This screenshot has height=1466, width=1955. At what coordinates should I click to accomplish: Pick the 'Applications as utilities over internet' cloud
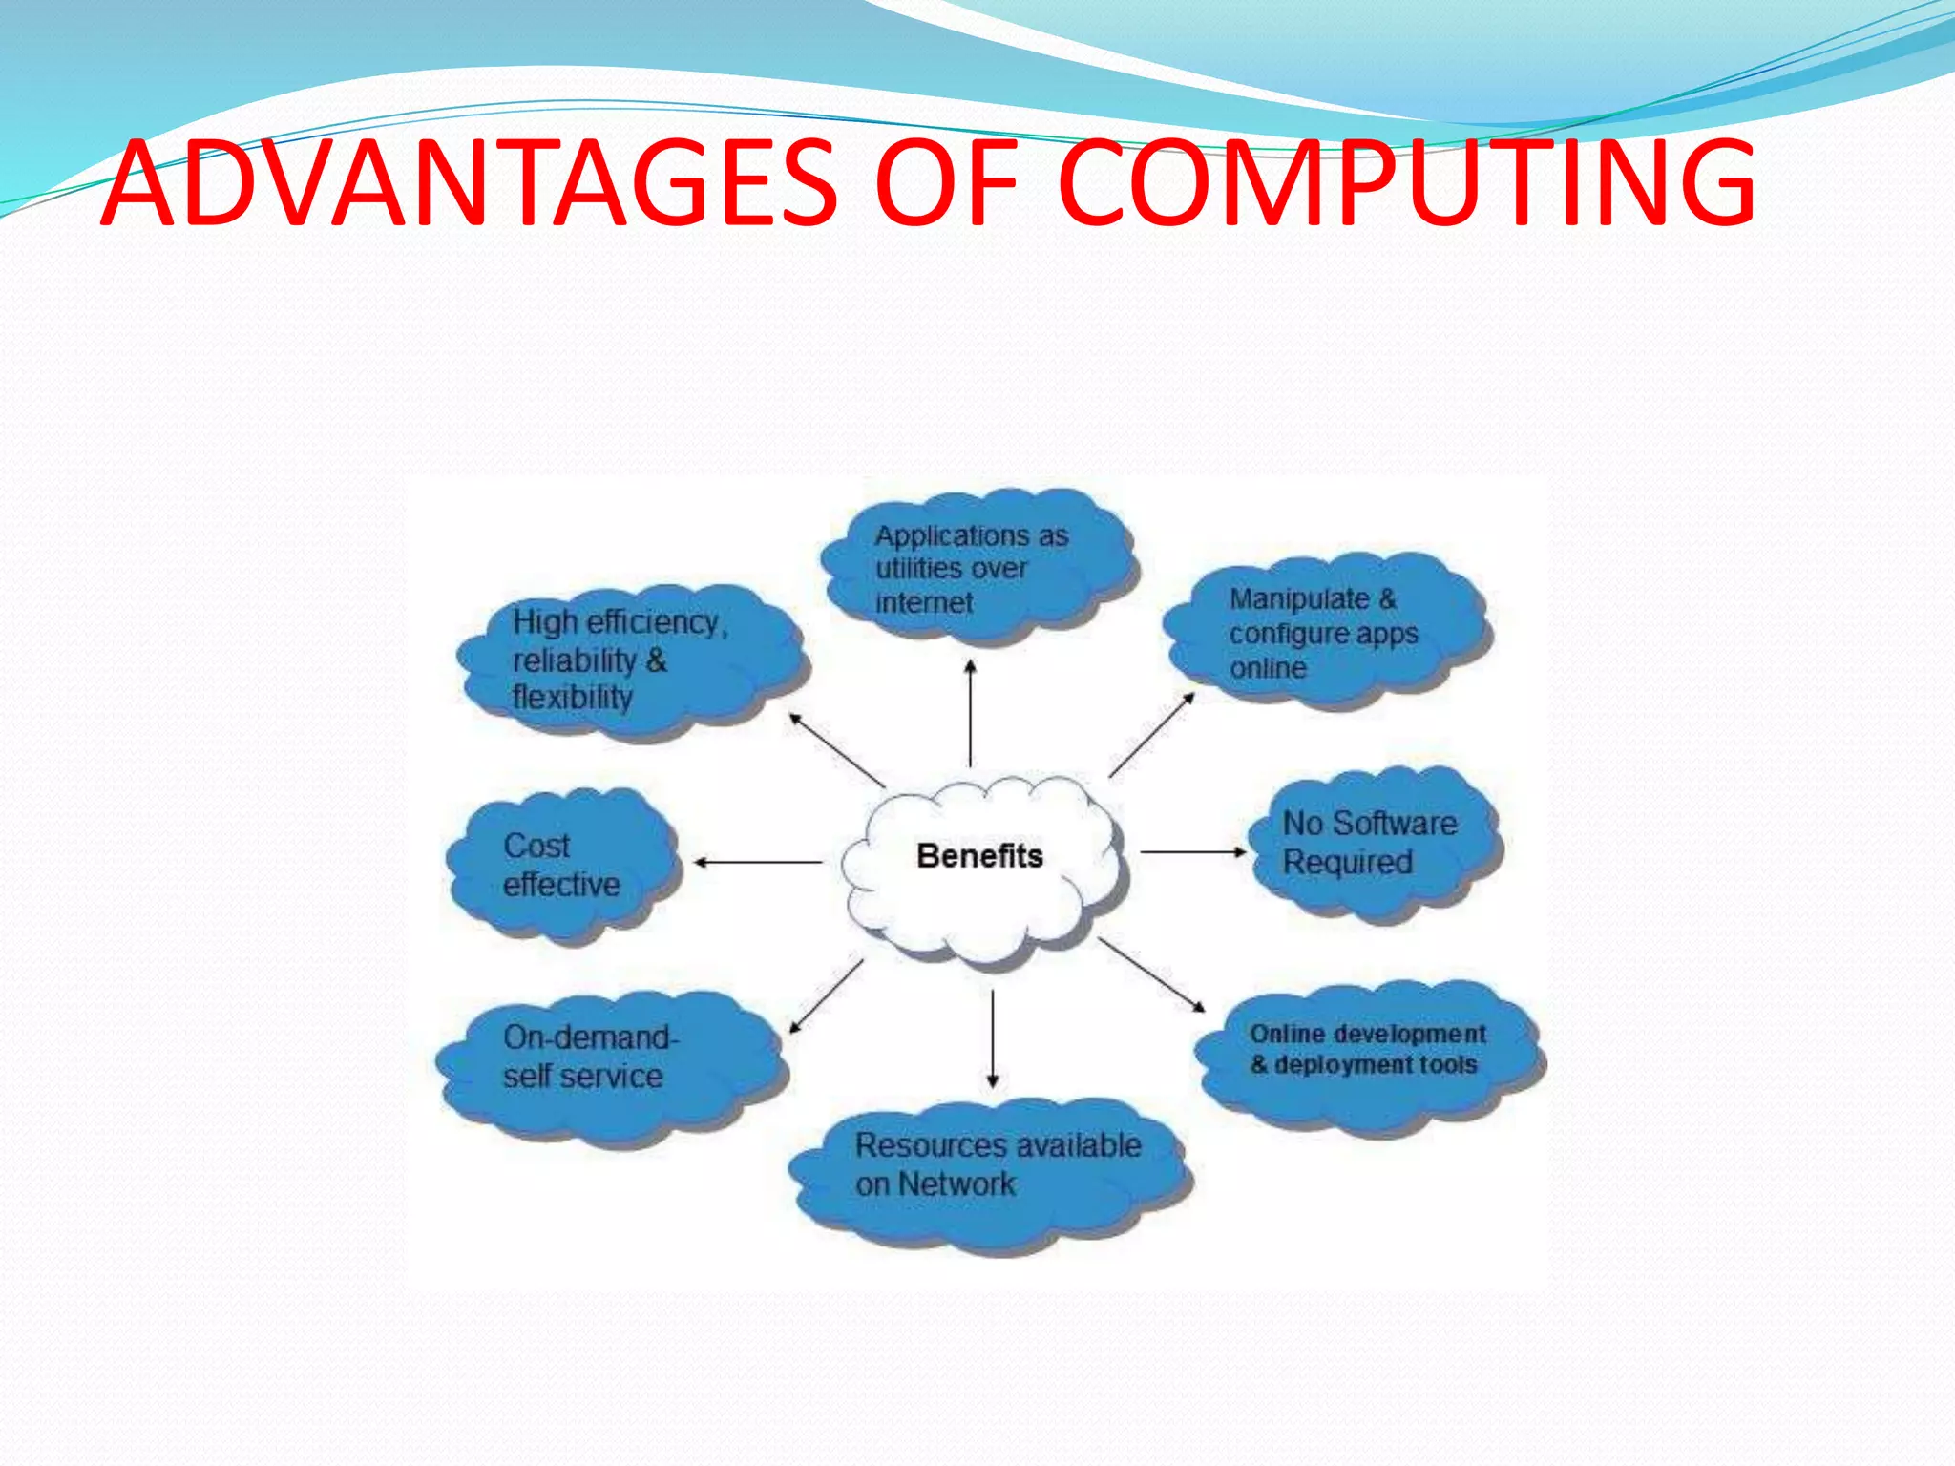(x=978, y=568)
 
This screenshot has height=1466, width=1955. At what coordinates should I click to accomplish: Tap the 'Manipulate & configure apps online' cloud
(x=1325, y=632)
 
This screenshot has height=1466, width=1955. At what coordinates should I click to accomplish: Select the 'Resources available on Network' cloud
(x=993, y=1168)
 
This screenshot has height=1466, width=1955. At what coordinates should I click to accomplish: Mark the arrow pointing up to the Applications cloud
(x=970, y=712)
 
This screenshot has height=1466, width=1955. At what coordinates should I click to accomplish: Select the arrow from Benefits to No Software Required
(x=1193, y=851)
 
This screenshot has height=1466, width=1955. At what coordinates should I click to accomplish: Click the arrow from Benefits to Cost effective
(x=758, y=862)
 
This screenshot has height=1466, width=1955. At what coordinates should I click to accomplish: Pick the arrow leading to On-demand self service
(x=826, y=996)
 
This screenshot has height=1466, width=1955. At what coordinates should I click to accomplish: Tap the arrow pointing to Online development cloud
(x=1151, y=974)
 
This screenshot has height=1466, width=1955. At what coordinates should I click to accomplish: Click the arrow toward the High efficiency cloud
(x=836, y=750)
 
